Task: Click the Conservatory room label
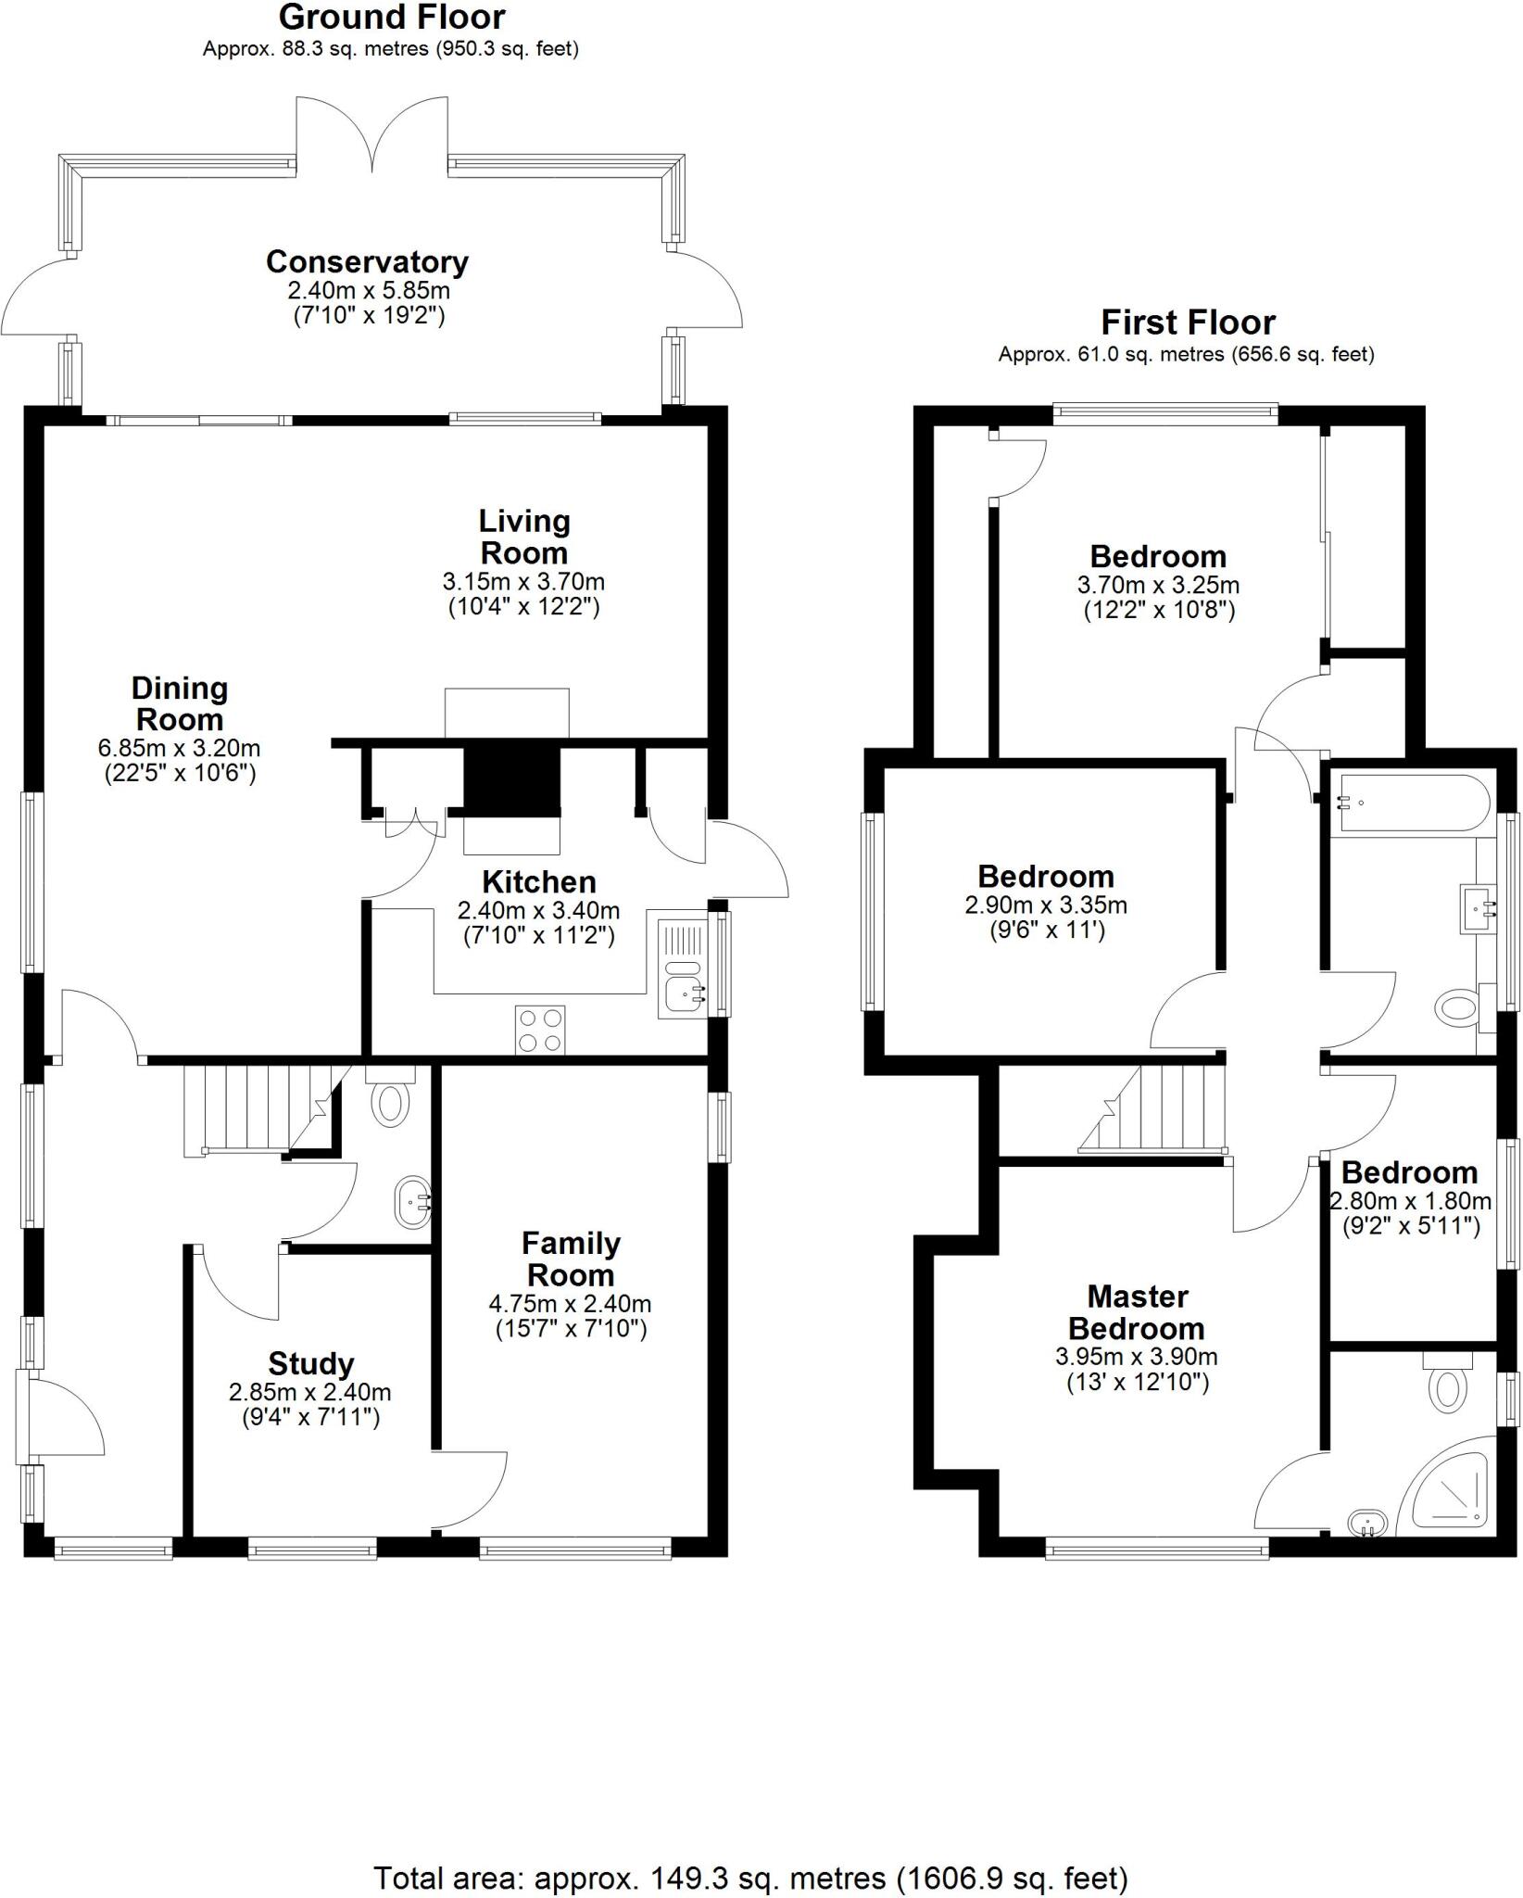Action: [x=367, y=262]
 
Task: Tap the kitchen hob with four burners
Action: [x=540, y=1030]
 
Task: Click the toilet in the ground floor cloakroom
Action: [x=390, y=1102]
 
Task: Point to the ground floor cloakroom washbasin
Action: [x=413, y=1203]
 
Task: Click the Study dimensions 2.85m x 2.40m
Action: [x=309, y=1392]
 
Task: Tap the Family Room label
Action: [x=570, y=1259]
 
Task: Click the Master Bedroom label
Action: [x=1137, y=1312]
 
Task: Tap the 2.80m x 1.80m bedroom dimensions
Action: [x=1410, y=1202]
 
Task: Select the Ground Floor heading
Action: [x=392, y=18]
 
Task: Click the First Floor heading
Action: [x=1188, y=323]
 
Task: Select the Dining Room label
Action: [x=179, y=703]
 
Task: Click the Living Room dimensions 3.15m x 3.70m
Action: [x=523, y=582]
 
